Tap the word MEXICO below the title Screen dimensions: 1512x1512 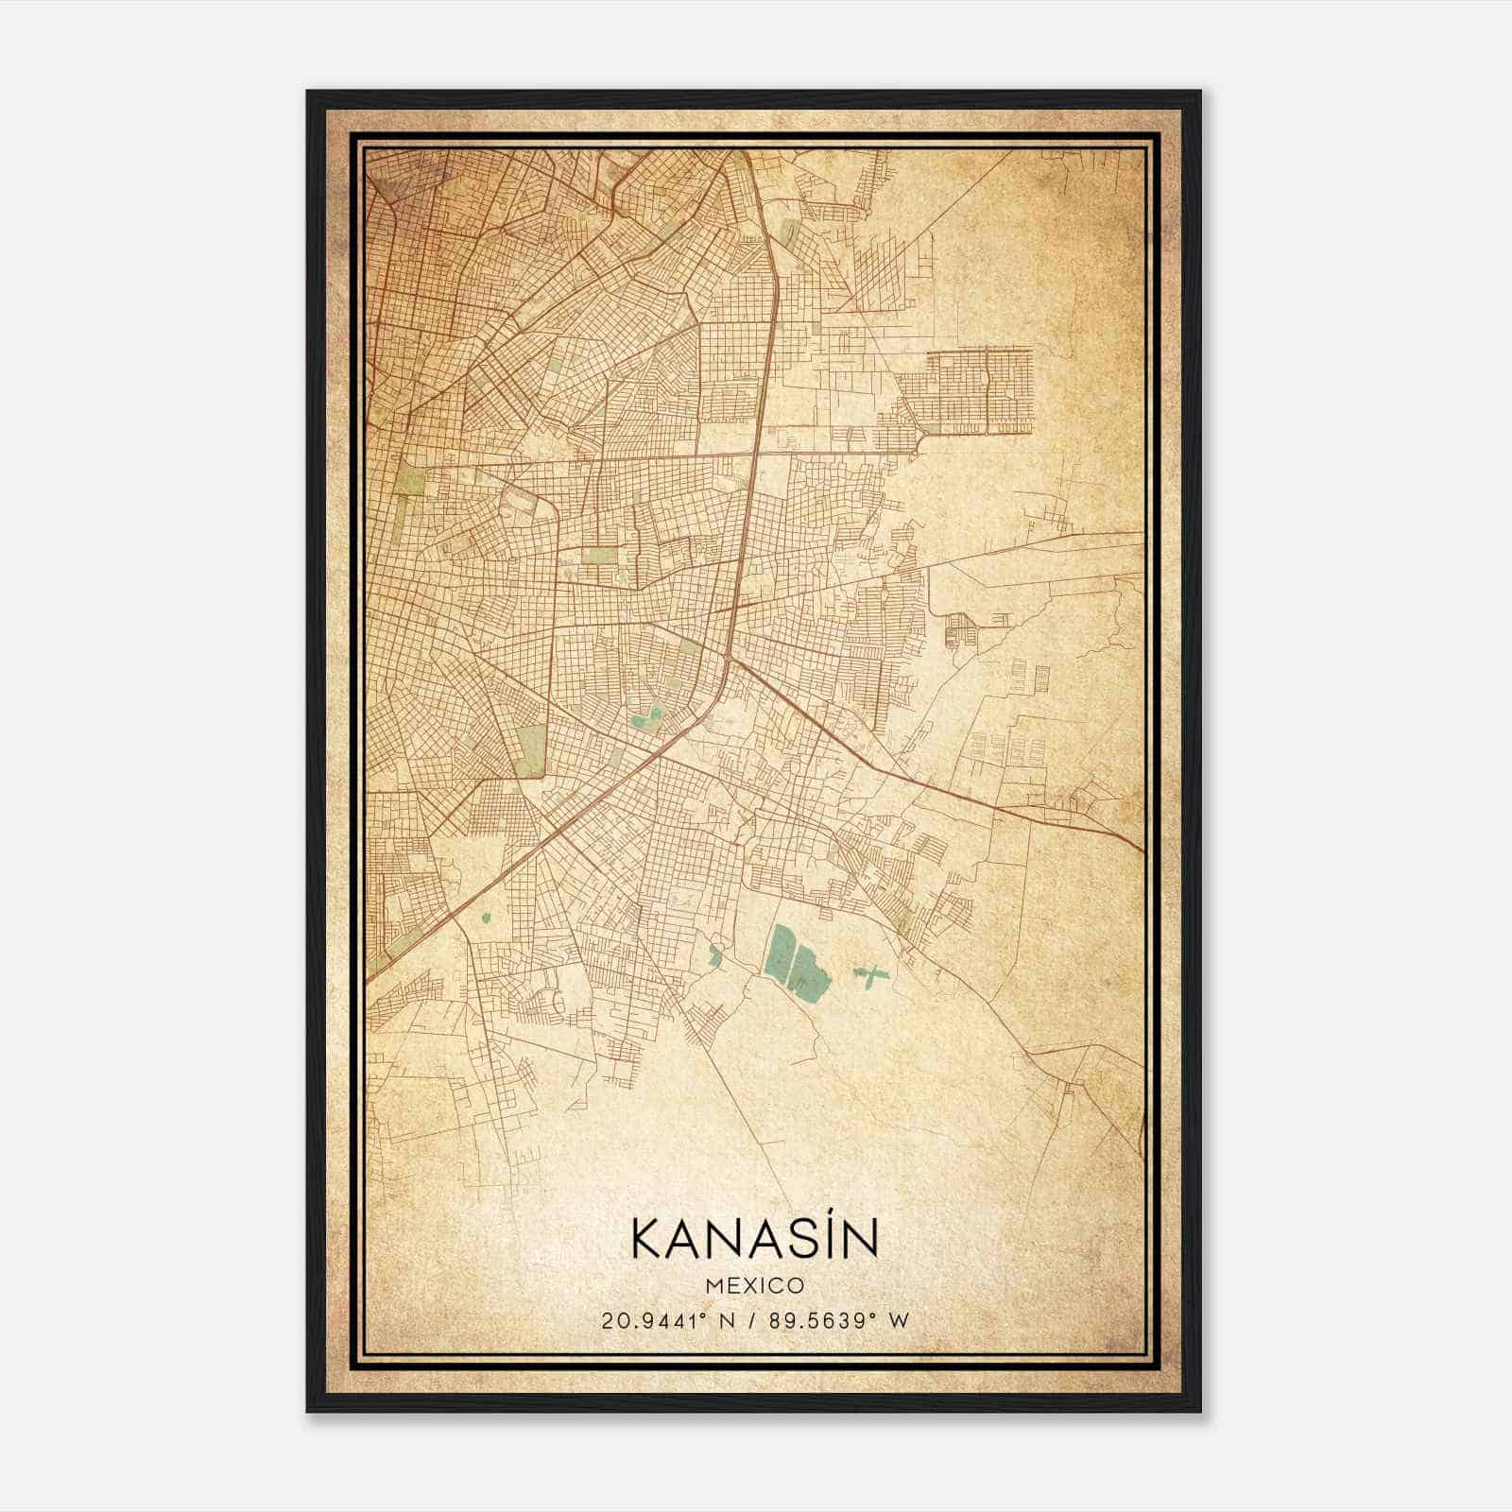754,1286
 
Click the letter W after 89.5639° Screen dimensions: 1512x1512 900,1320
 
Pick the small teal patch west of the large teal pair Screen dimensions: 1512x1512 714,956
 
